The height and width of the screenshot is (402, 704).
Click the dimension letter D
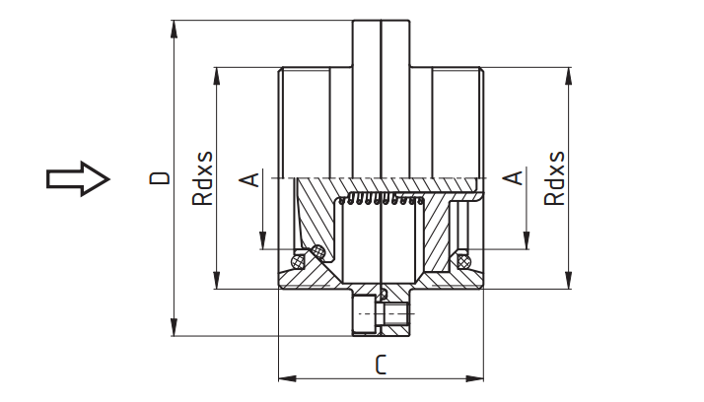point(159,178)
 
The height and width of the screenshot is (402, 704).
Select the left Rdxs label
point(201,178)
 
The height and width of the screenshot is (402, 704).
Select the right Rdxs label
point(555,177)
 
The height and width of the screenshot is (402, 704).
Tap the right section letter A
point(512,178)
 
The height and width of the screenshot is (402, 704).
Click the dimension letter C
point(380,365)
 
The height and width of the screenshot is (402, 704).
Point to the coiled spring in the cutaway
point(379,202)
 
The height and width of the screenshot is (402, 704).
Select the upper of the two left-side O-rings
point(318,252)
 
